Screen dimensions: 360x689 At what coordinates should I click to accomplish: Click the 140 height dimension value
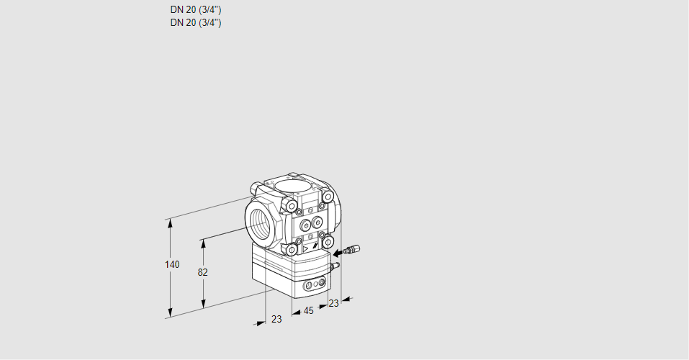[171, 265]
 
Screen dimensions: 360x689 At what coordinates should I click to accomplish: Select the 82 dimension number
[202, 272]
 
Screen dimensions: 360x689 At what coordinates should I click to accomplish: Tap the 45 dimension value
[308, 311]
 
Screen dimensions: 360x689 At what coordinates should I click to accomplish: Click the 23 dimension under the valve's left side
[276, 319]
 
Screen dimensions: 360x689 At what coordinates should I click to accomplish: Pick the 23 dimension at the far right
[333, 303]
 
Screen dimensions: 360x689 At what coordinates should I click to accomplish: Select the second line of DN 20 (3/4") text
[196, 22]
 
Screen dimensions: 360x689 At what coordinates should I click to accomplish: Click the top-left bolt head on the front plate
[291, 207]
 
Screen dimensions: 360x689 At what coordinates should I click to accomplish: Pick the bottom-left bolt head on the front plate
[292, 250]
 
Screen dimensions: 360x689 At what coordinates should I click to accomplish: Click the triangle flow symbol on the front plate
[305, 248]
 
